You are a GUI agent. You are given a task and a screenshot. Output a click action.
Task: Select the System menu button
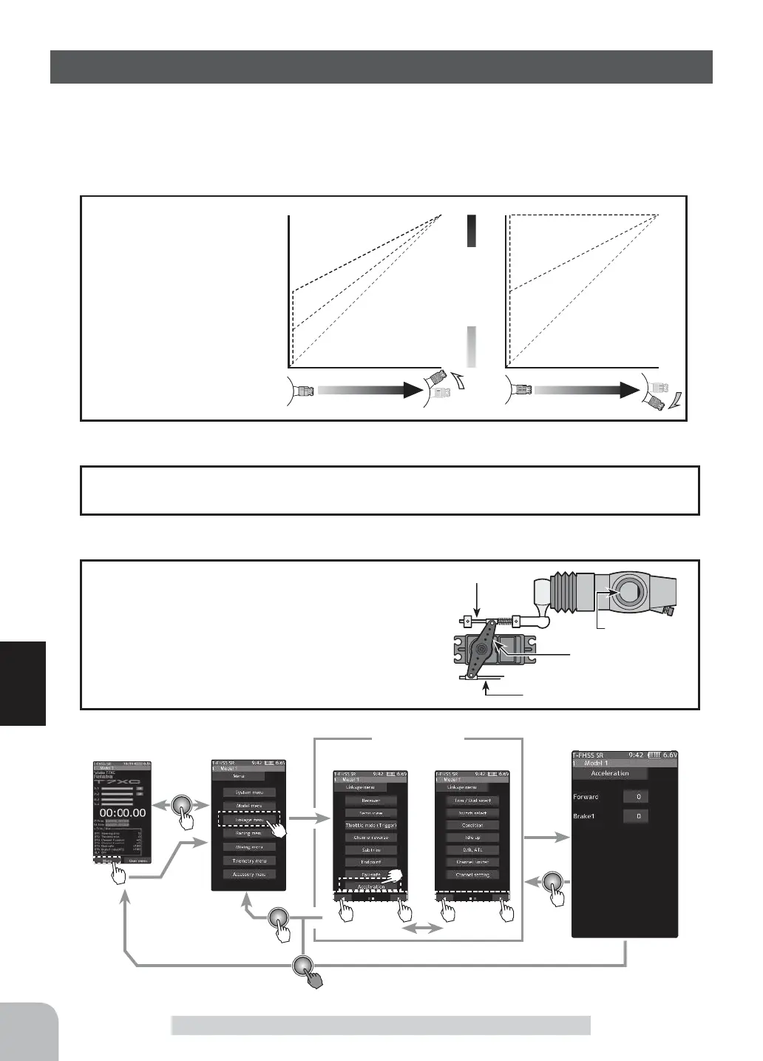click(x=248, y=792)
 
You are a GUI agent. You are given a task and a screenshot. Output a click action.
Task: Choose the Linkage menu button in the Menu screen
click(x=248, y=820)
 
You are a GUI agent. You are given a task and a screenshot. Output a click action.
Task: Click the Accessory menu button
click(x=248, y=874)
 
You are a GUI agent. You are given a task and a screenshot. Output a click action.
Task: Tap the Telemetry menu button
click(x=248, y=860)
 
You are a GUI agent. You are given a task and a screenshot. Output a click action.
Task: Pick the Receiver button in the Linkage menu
click(x=370, y=801)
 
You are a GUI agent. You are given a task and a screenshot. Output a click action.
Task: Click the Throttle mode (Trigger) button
click(x=370, y=825)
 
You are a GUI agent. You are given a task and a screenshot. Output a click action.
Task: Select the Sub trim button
click(x=370, y=850)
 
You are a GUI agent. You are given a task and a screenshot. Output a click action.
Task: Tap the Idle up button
click(x=472, y=838)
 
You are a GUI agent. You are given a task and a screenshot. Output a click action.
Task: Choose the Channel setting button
click(x=472, y=875)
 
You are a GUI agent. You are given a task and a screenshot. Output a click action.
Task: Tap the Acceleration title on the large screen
click(x=610, y=773)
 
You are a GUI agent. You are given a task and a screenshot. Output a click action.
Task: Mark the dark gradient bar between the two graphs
click(x=471, y=231)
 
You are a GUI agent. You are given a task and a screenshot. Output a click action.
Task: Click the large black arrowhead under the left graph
click(x=410, y=390)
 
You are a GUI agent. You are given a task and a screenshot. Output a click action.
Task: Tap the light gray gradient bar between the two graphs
click(x=471, y=346)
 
